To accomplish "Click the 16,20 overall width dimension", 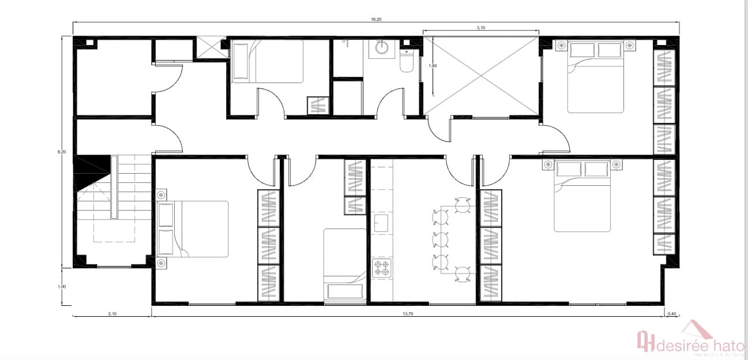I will click(x=375, y=19).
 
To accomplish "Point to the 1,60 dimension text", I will click(x=433, y=66).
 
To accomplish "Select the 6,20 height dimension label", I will click(x=62, y=152).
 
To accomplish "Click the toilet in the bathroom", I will click(x=407, y=60).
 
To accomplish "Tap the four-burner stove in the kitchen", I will click(x=382, y=268).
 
